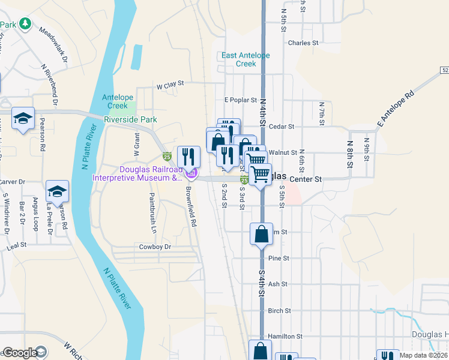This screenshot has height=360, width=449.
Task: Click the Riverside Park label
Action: click(130, 119)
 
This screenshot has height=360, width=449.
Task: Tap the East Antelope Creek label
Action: click(246, 59)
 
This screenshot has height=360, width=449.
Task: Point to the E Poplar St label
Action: click(240, 100)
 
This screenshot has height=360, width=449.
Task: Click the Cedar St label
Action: click(282, 127)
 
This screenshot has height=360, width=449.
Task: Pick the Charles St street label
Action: click(303, 43)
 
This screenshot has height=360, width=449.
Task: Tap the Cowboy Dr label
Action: click(155, 247)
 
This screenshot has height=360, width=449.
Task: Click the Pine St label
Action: click(279, 259)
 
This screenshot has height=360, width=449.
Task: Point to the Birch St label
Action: click(280, 311)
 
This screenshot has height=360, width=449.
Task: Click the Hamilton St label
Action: click(285, 337)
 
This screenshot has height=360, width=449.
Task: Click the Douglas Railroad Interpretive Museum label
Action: click(137, 173)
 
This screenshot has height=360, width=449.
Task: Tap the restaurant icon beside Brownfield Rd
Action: click(188, 157)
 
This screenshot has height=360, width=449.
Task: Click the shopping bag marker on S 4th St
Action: click(262, 234)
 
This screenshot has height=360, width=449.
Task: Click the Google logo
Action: click(20, 353)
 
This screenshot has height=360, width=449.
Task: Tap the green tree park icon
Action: click(25, 23)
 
